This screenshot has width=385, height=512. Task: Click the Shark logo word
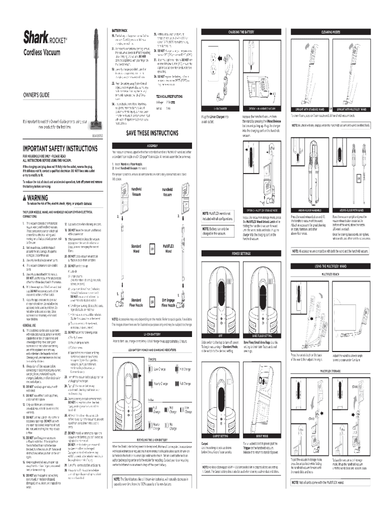[x=32, y=37]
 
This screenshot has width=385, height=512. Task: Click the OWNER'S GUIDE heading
[x=33, y=95]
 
